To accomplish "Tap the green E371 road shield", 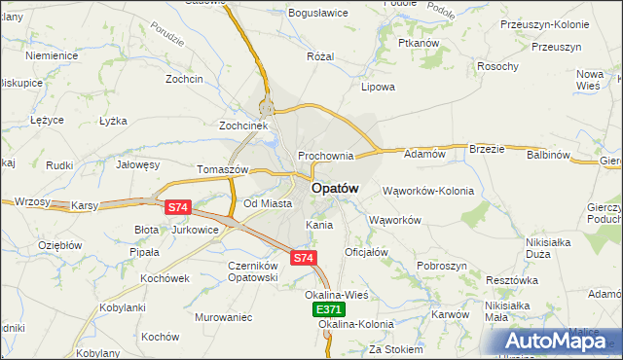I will click(x=329, y=308).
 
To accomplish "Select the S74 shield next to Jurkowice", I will click(x=177, y=207).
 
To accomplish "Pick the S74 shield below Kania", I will click(x=303, y=258).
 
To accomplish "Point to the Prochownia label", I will click(x=325, y=156).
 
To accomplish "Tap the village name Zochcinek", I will click(x=242, y=126).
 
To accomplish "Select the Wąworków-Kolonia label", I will click(x=428, y=191).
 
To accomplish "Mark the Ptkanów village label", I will click(x=420, y=44).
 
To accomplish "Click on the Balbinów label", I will click(x=548, y=155).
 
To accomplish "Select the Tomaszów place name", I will click(x=223, y=168).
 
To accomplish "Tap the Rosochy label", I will click(x=496, y=66).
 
